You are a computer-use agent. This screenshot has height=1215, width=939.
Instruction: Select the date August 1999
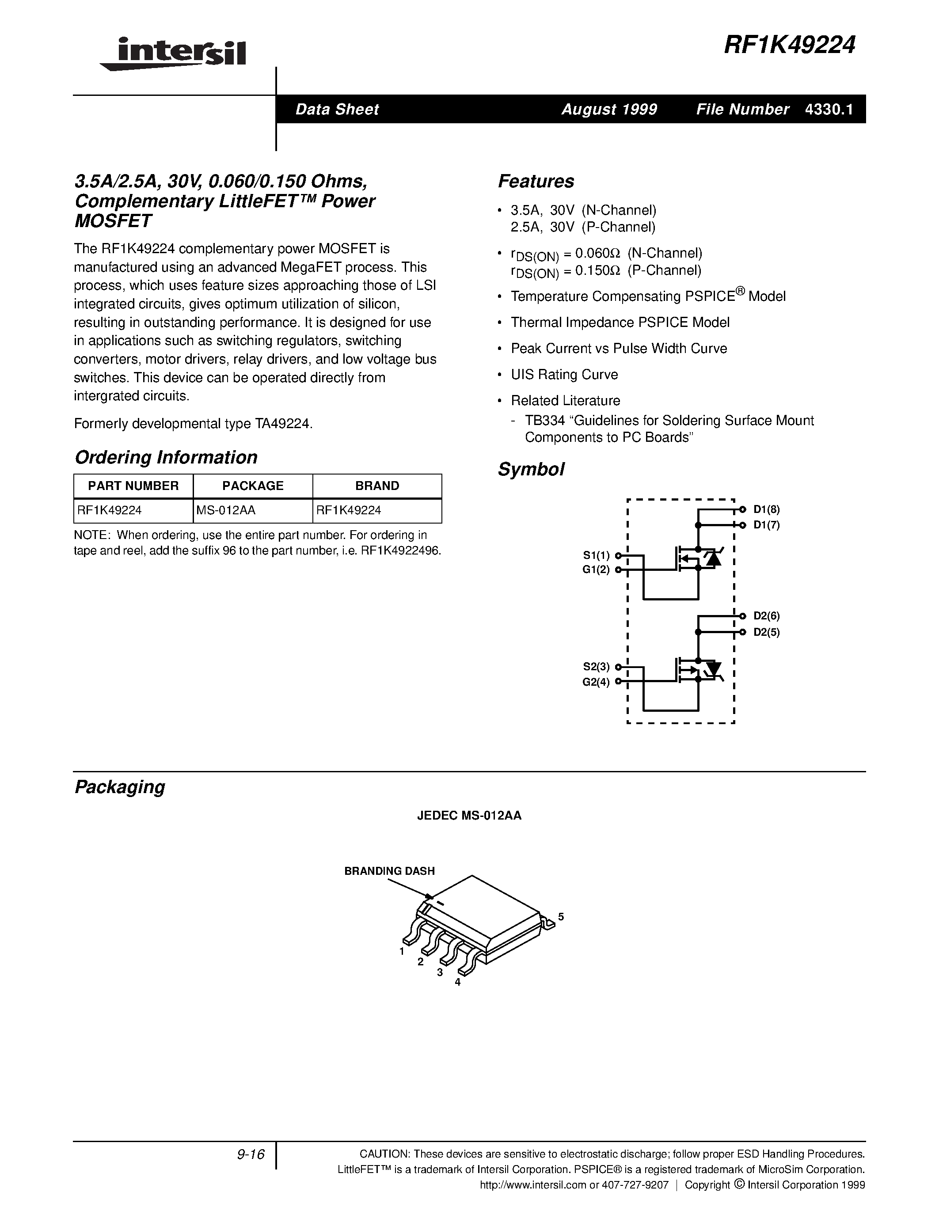609,109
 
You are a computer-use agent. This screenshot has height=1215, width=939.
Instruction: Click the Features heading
536,181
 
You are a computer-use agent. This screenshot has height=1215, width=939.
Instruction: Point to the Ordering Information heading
166,457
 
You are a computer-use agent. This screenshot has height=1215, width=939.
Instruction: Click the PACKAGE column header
253,486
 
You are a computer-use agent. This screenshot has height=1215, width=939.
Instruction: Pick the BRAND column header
377,486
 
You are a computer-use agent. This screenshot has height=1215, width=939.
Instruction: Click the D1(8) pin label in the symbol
767,509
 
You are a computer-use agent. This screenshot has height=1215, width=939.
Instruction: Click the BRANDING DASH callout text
389,871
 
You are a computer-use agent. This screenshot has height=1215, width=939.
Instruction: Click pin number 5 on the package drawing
561,916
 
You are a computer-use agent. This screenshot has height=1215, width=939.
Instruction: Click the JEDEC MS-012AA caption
469,816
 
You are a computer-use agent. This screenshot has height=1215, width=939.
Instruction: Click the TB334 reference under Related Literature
544,421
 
